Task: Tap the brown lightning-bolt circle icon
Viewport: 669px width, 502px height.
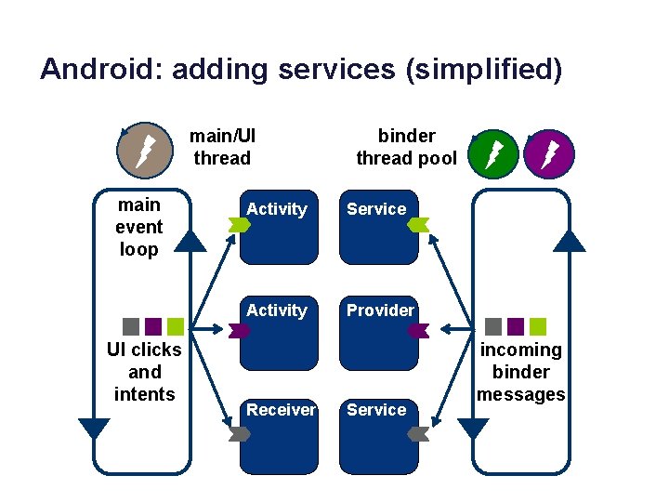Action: pyautogui.click(x=146, y=148)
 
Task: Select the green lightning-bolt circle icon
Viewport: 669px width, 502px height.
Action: pyautogui.click(x=493, y=152)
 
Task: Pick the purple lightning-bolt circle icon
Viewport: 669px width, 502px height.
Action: pyautogui.click(x=549, y=152)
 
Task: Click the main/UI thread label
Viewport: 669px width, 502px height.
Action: pyautogui.click(x=222, y=147)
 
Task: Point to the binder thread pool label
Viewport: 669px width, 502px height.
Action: pyautogui.click(x=406, y=147)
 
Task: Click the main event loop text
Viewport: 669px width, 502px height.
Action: pyautogui.click(x=138, y=227)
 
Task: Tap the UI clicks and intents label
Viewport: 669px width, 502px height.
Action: pyautogui.click(x=144, y=372)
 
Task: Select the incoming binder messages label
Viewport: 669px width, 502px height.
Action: pyautogui.click(x=520, y=372)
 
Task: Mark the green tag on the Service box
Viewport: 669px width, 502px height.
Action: pyautogui.click(x=418, y=224)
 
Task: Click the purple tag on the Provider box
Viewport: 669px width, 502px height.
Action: pyautogui.click(x=418, y=328)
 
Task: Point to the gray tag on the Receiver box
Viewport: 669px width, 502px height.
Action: pyautogui.click(x=239, y=433)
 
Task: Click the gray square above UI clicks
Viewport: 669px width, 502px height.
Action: pyautogui.click(x=131, y=326)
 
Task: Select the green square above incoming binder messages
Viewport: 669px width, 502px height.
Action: pyautogui.click(x=538, y=326)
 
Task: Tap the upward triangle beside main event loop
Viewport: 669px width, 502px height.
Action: pyautogui.click(x=190, y=241)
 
